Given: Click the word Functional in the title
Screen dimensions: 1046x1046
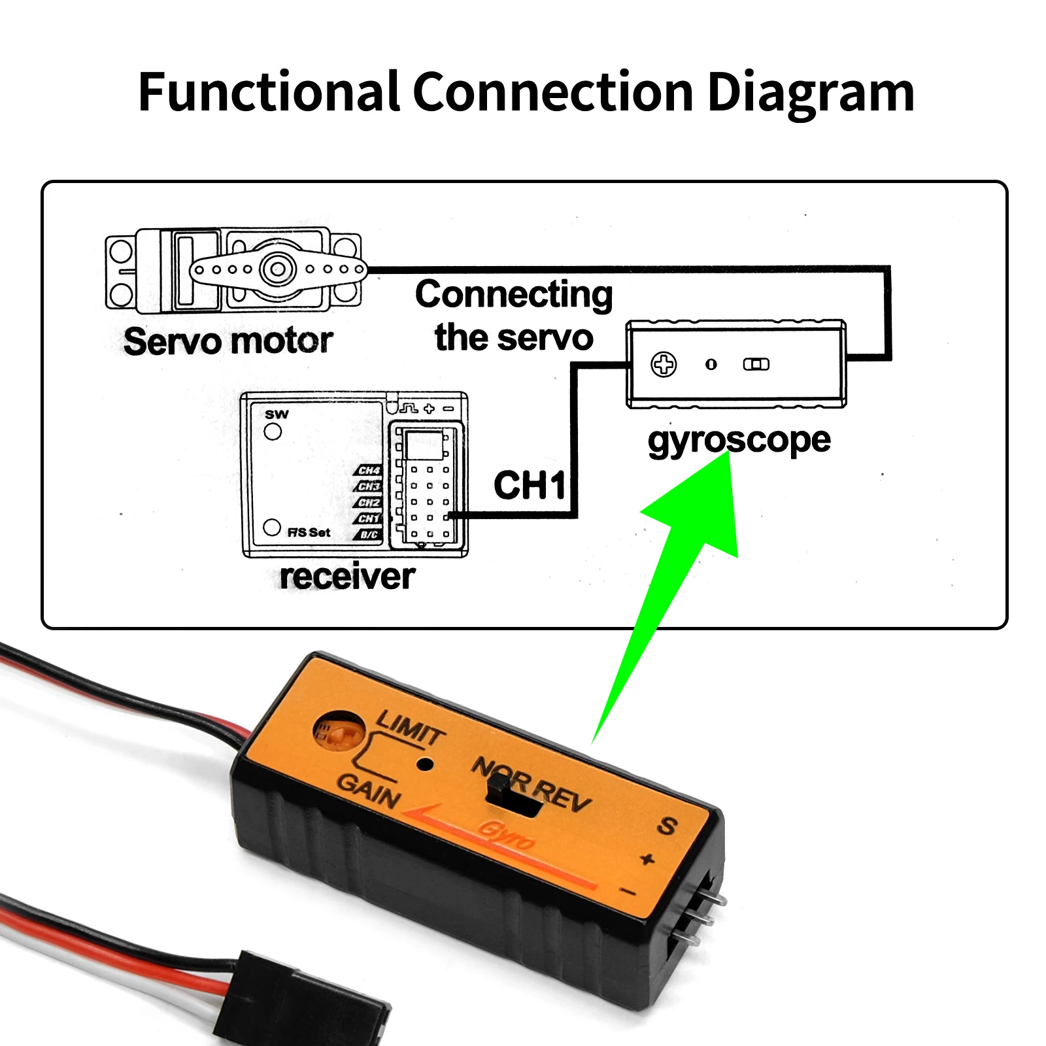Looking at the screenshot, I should click(x=269, y=93).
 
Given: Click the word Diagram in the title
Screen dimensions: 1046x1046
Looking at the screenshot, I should click(x=811, y=93).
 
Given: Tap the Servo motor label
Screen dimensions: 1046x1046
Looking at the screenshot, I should click(x=228, y=341).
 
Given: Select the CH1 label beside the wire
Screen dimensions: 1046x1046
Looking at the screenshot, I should click(x=530, y=486).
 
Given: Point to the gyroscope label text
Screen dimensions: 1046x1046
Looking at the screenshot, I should click(x=739, y=440).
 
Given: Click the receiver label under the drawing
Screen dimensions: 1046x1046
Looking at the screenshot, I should click(x=347, y=577).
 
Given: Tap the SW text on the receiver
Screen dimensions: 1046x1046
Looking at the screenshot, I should click(x=277, y=414).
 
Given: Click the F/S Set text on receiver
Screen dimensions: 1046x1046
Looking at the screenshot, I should click(x=309, y=532).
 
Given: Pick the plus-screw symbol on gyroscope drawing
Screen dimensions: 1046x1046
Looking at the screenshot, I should click(x=664, y=364).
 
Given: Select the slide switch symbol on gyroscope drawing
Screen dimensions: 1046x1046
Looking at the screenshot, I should click(x=756, y=364).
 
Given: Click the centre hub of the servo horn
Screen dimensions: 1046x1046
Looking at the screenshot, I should click(x=278, y=269).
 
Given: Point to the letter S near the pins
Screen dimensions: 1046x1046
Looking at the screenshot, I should click(x=667, y=826).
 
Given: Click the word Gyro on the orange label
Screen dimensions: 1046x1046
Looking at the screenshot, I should click(x=507, y=835).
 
